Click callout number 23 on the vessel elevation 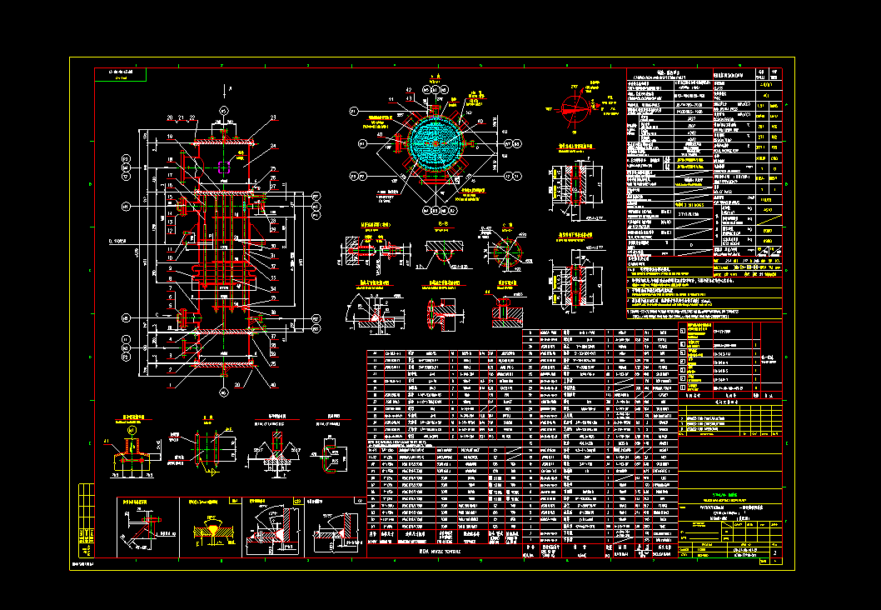point(271,118)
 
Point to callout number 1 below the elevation point(169,385)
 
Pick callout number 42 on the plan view point(409,89)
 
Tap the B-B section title point(441,225)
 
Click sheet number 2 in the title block point(776,552)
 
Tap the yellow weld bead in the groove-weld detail point(213,527)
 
